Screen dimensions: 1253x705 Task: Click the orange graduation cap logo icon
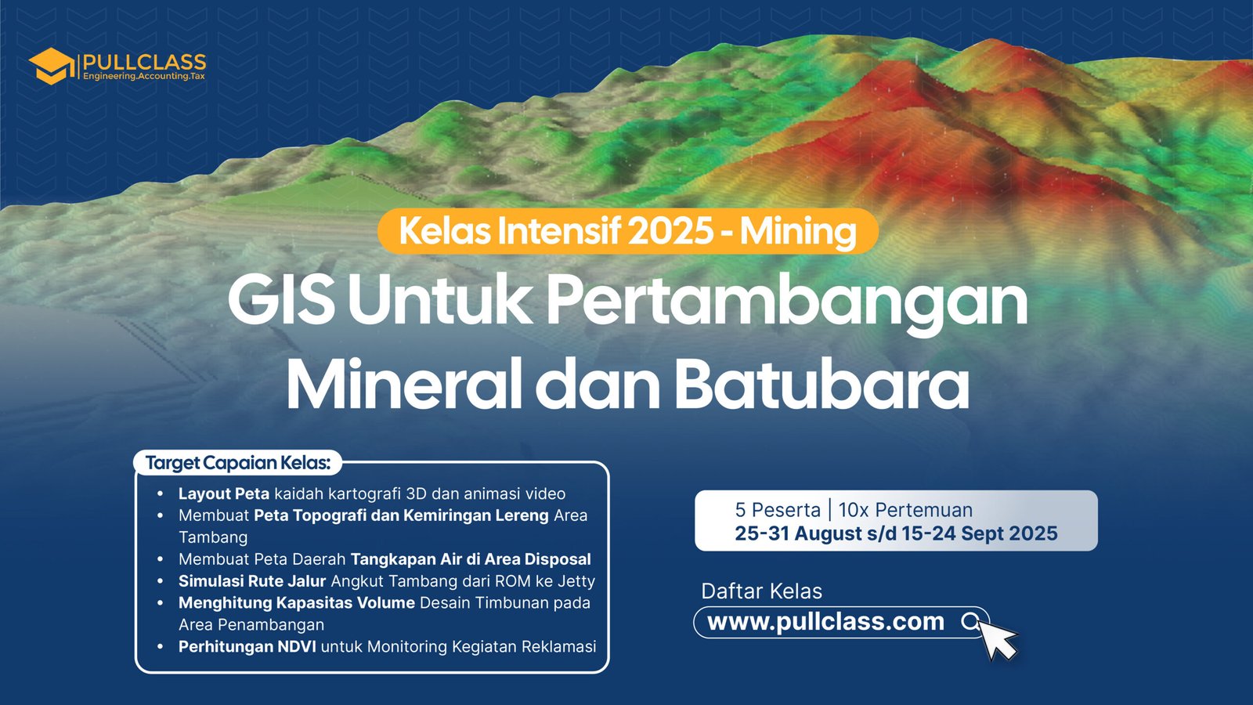pos(52,66)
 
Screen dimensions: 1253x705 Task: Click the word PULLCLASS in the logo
pos(144,62)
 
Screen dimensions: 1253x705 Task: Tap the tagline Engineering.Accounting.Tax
pos(144,76)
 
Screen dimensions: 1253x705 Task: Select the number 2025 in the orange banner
pos(670,231)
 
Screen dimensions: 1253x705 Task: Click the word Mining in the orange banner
pos(798,232)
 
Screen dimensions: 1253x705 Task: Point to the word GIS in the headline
pos(281,300)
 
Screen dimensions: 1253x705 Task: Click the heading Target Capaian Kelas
pos(238,463)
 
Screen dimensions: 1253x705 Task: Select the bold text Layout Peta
pos(224,494)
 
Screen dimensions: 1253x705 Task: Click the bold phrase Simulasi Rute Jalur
pos(251,581)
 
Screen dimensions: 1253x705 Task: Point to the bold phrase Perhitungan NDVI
pos(247,647)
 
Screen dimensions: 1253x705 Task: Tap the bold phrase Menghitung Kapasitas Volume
pos(297,603)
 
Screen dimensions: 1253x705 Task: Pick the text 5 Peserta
pos(778,510)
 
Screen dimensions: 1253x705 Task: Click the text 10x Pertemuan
pos(905,510)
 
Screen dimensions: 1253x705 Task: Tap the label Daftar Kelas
pos(762,591)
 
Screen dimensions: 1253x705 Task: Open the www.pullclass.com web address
pos(825,622)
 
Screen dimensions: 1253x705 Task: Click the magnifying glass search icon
pos(970,622)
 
